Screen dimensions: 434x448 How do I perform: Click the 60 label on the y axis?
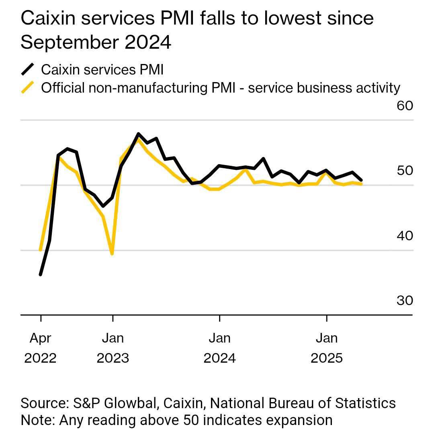(405, 106)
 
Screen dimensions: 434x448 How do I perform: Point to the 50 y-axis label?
(405, 171)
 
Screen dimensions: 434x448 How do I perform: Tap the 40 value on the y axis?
(405, 236)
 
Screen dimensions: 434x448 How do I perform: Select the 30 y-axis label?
(405, 301)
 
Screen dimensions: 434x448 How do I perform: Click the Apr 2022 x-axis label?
(41, 348)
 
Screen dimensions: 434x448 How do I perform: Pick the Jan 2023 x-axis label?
(113, 348)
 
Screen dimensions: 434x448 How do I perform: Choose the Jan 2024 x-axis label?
(219, 348)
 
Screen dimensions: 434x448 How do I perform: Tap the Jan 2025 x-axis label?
(326, 348)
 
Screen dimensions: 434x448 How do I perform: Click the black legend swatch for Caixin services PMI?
(28, 69)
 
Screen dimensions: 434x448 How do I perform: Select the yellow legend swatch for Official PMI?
(28, 87)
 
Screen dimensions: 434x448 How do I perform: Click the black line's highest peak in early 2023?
(138, 134)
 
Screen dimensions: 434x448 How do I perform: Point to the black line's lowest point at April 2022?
(41, 275)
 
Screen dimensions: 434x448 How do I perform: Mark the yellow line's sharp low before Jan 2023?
(112, 254)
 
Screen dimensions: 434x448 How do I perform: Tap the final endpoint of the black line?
(361, 180)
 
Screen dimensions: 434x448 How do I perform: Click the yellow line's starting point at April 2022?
(41, 250)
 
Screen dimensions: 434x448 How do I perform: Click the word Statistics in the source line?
(365, 403)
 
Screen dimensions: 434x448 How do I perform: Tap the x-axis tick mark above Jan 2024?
(219, 318)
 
